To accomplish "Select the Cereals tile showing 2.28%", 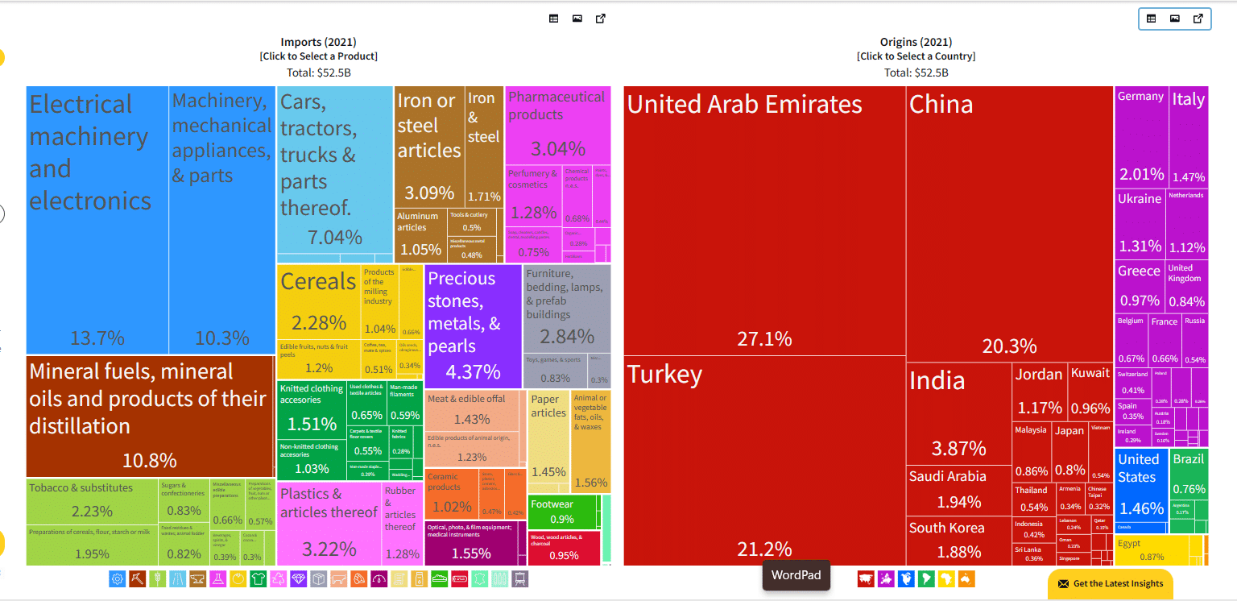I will click(x=318, y=302).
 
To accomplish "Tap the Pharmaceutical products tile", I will click(x=556, y=125).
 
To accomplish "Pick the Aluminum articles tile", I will click(x=420, y=234).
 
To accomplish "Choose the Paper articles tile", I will click(x=548, y=439).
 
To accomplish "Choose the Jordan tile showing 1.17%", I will click(x=1039, y=391).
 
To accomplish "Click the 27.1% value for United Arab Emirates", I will click(x=764, y=339).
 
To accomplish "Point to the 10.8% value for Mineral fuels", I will click(x=150, y=461).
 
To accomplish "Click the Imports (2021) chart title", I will click(x=318, y=42).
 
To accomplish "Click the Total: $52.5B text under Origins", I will click(x=916, y=73).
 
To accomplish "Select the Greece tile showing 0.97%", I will click(x=1140, y=286).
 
